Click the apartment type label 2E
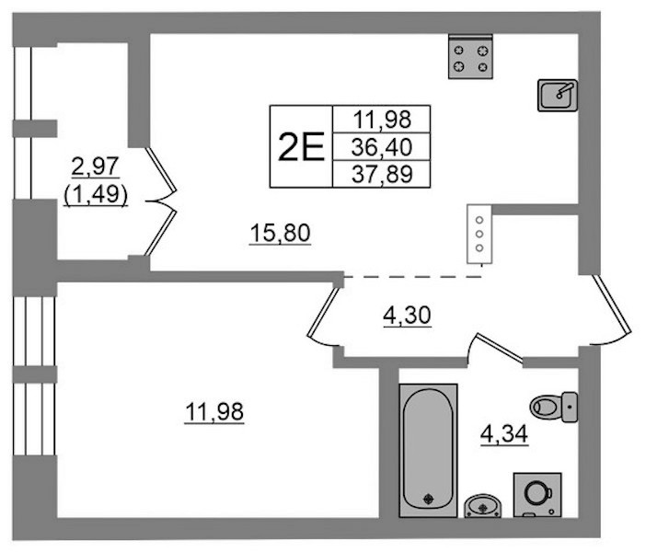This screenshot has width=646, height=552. click(301, 147)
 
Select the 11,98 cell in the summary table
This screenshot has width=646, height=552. click(382, 120)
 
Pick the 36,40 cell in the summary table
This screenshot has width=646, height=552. click(382, 146)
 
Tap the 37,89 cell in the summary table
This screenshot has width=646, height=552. click(382, 174)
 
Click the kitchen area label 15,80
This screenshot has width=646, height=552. click(280, 233)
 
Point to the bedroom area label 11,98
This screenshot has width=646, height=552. click(214, 412)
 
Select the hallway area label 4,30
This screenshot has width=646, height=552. click(407, 316)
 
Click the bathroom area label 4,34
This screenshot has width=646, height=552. click(504, 434)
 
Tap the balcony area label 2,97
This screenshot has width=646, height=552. click(95, 167)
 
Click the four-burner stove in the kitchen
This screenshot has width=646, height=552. click(470, 56)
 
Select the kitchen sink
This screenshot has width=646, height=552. click(558, 96)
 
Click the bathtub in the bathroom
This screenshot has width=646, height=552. click(429, 450)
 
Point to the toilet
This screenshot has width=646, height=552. click(553, 408)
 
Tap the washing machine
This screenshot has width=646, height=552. click(537, 495)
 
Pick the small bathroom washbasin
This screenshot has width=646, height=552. click(483, 506)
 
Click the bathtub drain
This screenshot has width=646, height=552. click(429, 499)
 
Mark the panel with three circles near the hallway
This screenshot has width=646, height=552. click(479, 234)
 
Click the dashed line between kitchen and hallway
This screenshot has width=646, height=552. click(413, 277)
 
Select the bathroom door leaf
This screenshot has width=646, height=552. click(499, 346)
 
